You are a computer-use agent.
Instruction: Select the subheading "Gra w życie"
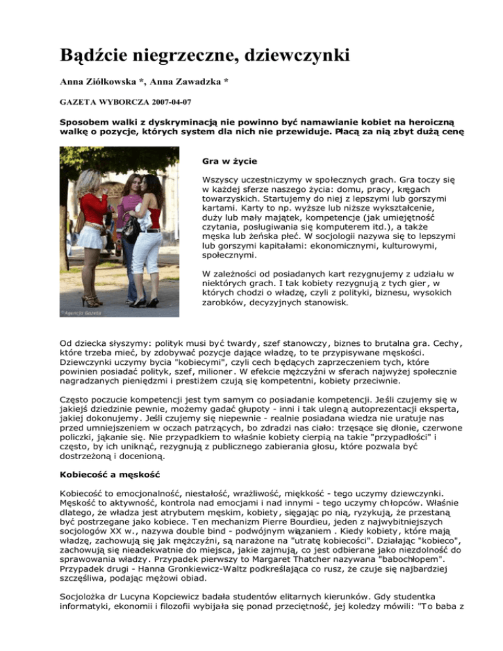click(x=221, y=159)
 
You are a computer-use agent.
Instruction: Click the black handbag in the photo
click(x=129, y=229)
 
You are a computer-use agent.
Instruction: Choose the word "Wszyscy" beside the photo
click(x=214, y=177)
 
